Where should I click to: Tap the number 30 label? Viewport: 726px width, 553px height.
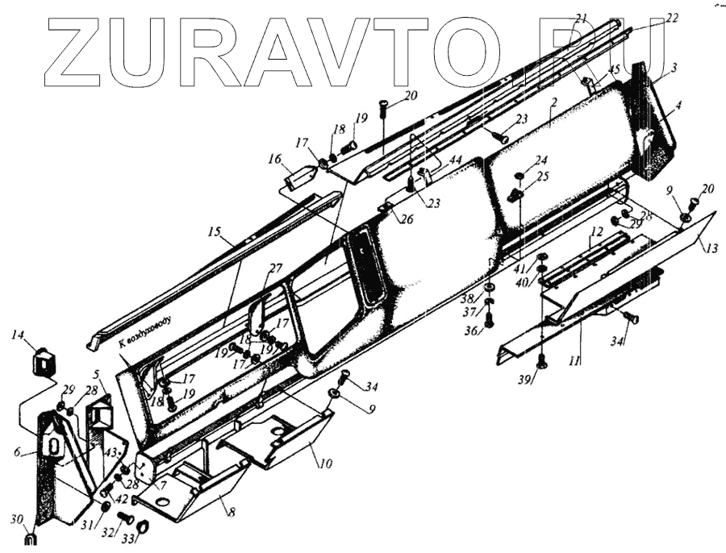[x=16, y=519]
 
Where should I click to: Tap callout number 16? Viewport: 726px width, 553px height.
[x=276, y=160]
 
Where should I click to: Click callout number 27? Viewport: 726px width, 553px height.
[x=276, y=268]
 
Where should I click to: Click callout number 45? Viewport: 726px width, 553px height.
[x=615, y=70]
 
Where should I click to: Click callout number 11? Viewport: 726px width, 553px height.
[x=574, y=362]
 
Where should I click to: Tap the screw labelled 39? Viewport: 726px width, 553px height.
[x=541, y=360]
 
